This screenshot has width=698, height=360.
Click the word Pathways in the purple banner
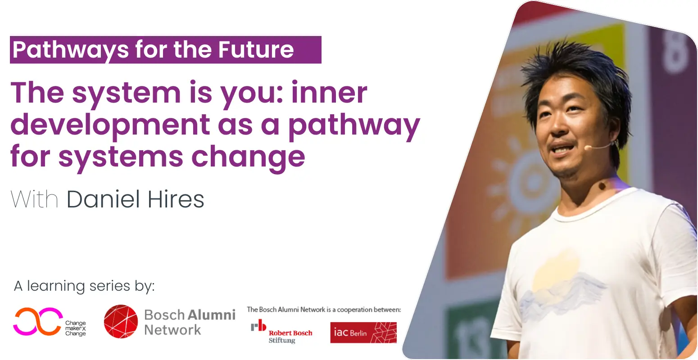[70, 50]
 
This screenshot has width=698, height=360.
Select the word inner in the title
[329, 93]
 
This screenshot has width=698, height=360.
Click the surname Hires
[176, 199]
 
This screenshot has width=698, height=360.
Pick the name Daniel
[103, 199]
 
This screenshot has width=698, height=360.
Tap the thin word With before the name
[34, 199]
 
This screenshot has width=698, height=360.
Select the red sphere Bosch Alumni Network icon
[121, 321]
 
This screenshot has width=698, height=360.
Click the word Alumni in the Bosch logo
[212, 315]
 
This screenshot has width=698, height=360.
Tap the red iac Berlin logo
[363, 333]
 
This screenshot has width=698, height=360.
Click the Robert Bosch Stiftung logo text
[290, 336]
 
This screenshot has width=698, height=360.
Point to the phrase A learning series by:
[84, 286]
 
